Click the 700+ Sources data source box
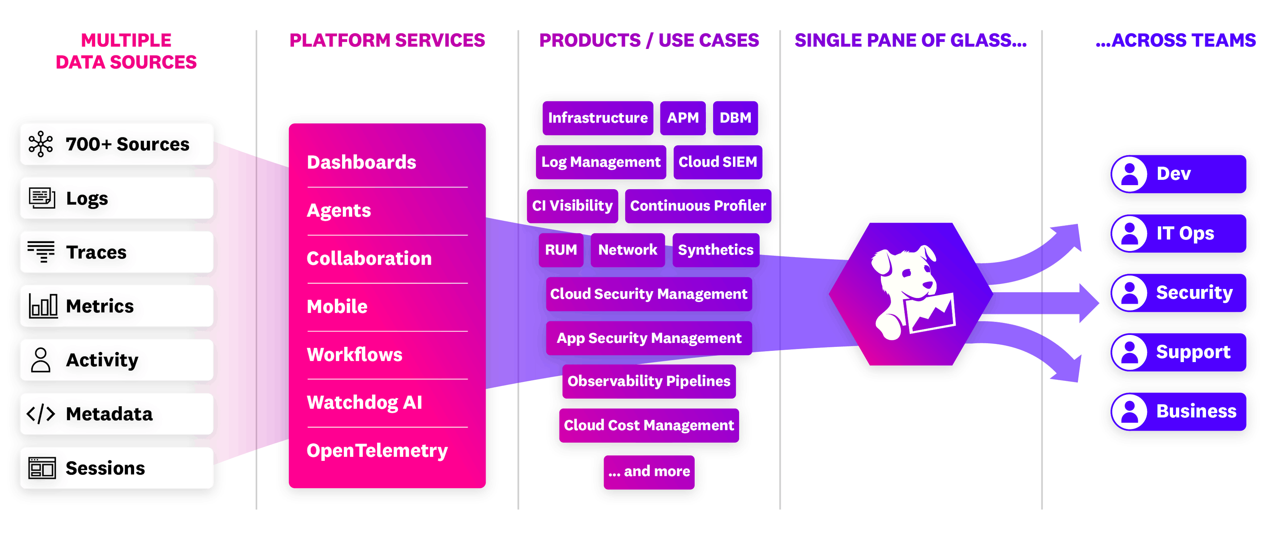point(117,144)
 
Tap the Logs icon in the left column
point(42,198)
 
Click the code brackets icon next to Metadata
point(41,414)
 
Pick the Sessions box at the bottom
point(117,468)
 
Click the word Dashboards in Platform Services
point(361,162)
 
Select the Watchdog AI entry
point(364,402)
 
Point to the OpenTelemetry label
point(377,450)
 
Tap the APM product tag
point(682,118)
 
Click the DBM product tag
point(735,118)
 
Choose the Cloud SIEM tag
point(717,162)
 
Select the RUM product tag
point(561,250)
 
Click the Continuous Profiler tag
point(698,206)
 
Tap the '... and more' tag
point(648,471)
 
